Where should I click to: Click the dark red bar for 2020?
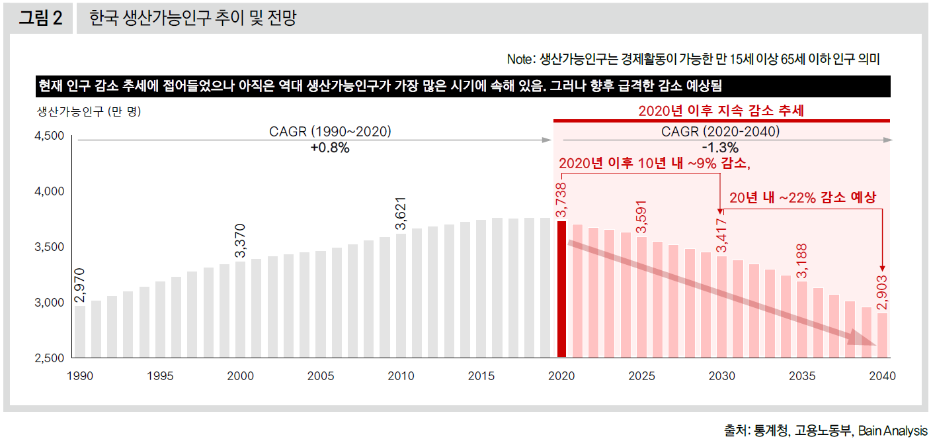coord(561,289)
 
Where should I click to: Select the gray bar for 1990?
coord(80,331)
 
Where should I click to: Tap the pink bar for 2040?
coord(883,335)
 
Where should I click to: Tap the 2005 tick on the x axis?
coord(321,376)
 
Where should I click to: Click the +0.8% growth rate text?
coord(329,148)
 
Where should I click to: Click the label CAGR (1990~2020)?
coord(330,132)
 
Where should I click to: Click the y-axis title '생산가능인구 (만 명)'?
coord(89,111)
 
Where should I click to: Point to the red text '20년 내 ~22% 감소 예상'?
coord(802,197)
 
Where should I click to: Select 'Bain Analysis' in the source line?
coord(892,431)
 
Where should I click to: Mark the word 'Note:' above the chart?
coord(520,59)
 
